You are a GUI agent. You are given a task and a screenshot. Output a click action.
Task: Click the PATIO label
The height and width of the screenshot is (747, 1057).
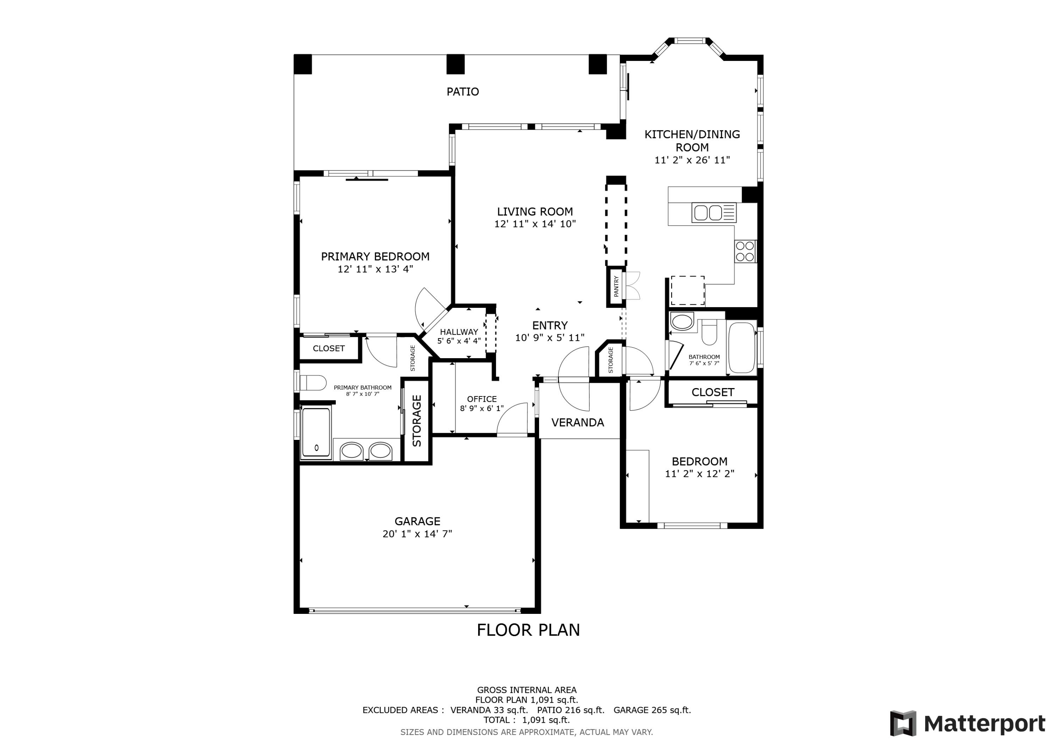tap(463, 92)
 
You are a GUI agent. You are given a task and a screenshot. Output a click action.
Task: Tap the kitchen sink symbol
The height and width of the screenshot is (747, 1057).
tap(713, 213)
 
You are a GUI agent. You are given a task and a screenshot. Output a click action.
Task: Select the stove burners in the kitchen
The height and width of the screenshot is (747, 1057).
tap(745, 251)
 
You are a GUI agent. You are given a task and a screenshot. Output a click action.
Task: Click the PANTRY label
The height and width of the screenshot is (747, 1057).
tap(616, 286)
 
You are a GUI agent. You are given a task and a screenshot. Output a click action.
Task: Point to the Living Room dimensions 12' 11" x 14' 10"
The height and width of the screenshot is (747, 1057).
tap(535, 224)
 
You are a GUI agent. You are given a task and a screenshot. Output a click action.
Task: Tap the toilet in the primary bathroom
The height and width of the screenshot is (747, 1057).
tap(313, 383)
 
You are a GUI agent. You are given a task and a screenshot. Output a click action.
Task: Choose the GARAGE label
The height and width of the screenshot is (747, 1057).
tap(417, 521)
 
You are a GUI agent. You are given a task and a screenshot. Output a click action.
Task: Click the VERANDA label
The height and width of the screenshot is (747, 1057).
tap(578, 423)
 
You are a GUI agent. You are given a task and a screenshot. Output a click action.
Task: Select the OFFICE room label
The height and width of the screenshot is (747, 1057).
tap(482, 399)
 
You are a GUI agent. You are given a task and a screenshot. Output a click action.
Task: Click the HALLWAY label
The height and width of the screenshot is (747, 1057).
tap(459, 332)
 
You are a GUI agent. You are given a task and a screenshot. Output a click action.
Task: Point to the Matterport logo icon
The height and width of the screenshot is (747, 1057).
tap(903, 723)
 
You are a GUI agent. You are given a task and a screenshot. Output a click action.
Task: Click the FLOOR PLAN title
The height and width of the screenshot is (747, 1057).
tap(528, 630)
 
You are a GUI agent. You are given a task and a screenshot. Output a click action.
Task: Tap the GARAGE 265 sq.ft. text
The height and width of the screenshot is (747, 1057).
tap(652, 710)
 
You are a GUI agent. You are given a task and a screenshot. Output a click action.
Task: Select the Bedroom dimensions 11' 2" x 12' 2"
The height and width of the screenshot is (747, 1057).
tap(699, 474)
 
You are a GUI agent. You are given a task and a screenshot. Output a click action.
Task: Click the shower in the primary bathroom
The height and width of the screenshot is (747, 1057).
tap(316, 432)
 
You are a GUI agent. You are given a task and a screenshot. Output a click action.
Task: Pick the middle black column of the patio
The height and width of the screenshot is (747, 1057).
tap(455, 64)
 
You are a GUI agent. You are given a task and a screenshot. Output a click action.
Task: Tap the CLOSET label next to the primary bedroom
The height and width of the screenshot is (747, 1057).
tap(329, 348)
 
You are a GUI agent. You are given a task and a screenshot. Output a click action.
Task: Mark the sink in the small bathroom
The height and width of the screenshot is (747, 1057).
tap(682, 321)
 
